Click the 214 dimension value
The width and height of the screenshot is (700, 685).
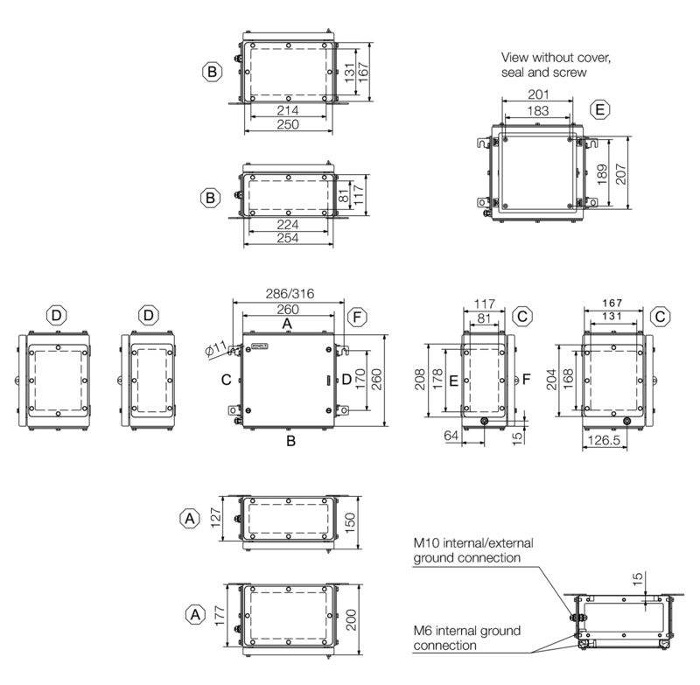[288, 111]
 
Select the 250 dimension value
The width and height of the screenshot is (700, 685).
[288, 125]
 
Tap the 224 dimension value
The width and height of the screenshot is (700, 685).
[288, 224]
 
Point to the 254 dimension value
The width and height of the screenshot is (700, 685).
[288, 238]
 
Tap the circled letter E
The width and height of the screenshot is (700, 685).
[599, 109]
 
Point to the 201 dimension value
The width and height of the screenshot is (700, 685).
[537, 94]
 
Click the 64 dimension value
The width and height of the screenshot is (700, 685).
[451, 435]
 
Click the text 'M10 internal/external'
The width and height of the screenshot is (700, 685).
[473, 543]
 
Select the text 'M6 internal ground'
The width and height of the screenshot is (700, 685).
[467, 631]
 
